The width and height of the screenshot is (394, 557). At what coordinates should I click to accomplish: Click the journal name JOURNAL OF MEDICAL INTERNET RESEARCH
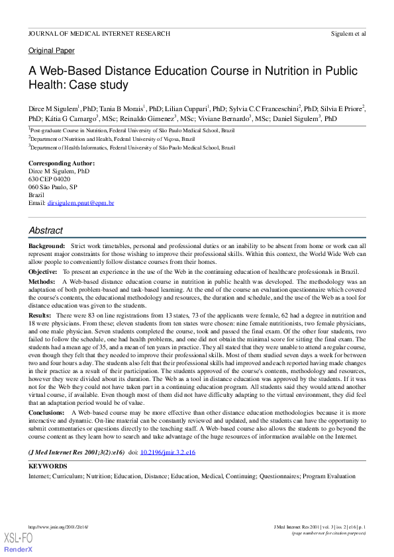[99, 33]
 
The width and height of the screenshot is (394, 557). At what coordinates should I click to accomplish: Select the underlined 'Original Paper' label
[51, 50]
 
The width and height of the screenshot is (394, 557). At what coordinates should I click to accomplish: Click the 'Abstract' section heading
[46, 231]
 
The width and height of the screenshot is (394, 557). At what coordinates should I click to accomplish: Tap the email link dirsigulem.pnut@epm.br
[80, 203]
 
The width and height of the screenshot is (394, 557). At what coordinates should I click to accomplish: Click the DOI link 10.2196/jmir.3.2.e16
[168, 452]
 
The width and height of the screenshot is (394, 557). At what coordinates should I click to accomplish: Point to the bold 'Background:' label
[46, 245]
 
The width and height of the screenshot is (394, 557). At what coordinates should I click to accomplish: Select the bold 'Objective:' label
[43, 272]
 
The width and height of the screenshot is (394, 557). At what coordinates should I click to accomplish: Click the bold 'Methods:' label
[42, 281]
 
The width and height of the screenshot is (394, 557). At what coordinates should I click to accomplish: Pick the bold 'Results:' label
[40, 316]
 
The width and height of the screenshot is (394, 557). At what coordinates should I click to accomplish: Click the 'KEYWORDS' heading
[48, 466]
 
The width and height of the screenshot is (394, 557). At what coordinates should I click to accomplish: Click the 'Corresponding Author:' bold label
[61, 163]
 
